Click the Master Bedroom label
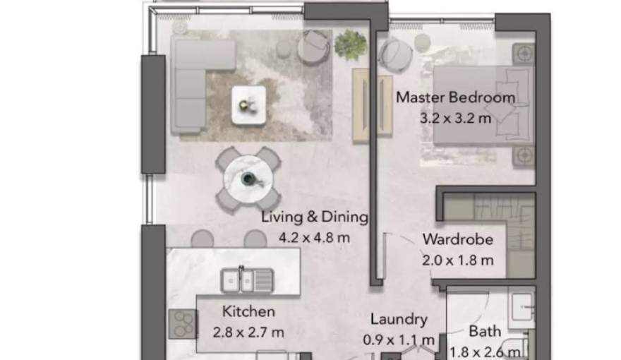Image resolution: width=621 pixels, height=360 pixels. pyautogui.click(x=455, y=97)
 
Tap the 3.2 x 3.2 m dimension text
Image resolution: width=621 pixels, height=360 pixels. pyautogui.click(x=455, y=118)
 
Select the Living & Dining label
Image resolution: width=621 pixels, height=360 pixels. pyautogui.click(x=315, y=217)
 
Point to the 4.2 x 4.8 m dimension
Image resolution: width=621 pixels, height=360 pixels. pyautogui.click(x=315, y=237)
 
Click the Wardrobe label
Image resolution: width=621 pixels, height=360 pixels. pyautogui.click(x=457, y=239)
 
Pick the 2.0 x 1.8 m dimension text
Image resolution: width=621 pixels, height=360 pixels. pyautogui.click(x=457, y=260)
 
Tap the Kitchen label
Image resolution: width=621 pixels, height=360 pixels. pyautogui.click(x=248, y=311)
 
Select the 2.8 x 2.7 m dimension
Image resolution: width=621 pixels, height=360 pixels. pyautogui.click(x=248, y=332)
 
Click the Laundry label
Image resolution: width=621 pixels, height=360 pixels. pyautogui.click(x=399, y=320)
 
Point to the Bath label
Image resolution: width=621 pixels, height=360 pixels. pyautogui.click(x=486, y=331)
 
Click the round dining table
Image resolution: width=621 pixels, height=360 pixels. pyautogui.click(x=248, y=179)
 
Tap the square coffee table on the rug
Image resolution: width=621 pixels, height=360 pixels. pyautogui.click(x=249, y=105)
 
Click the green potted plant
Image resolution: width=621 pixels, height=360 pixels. pyautogui.click(x=351, y=44)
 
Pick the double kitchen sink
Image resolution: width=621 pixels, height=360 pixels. pyautogui.click(x=246, y=280)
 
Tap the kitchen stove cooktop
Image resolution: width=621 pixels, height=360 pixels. pyautogui.click(x=182, y=324)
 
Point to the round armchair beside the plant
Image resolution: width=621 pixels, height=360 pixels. pyautogui.click(x=313, y=47)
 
